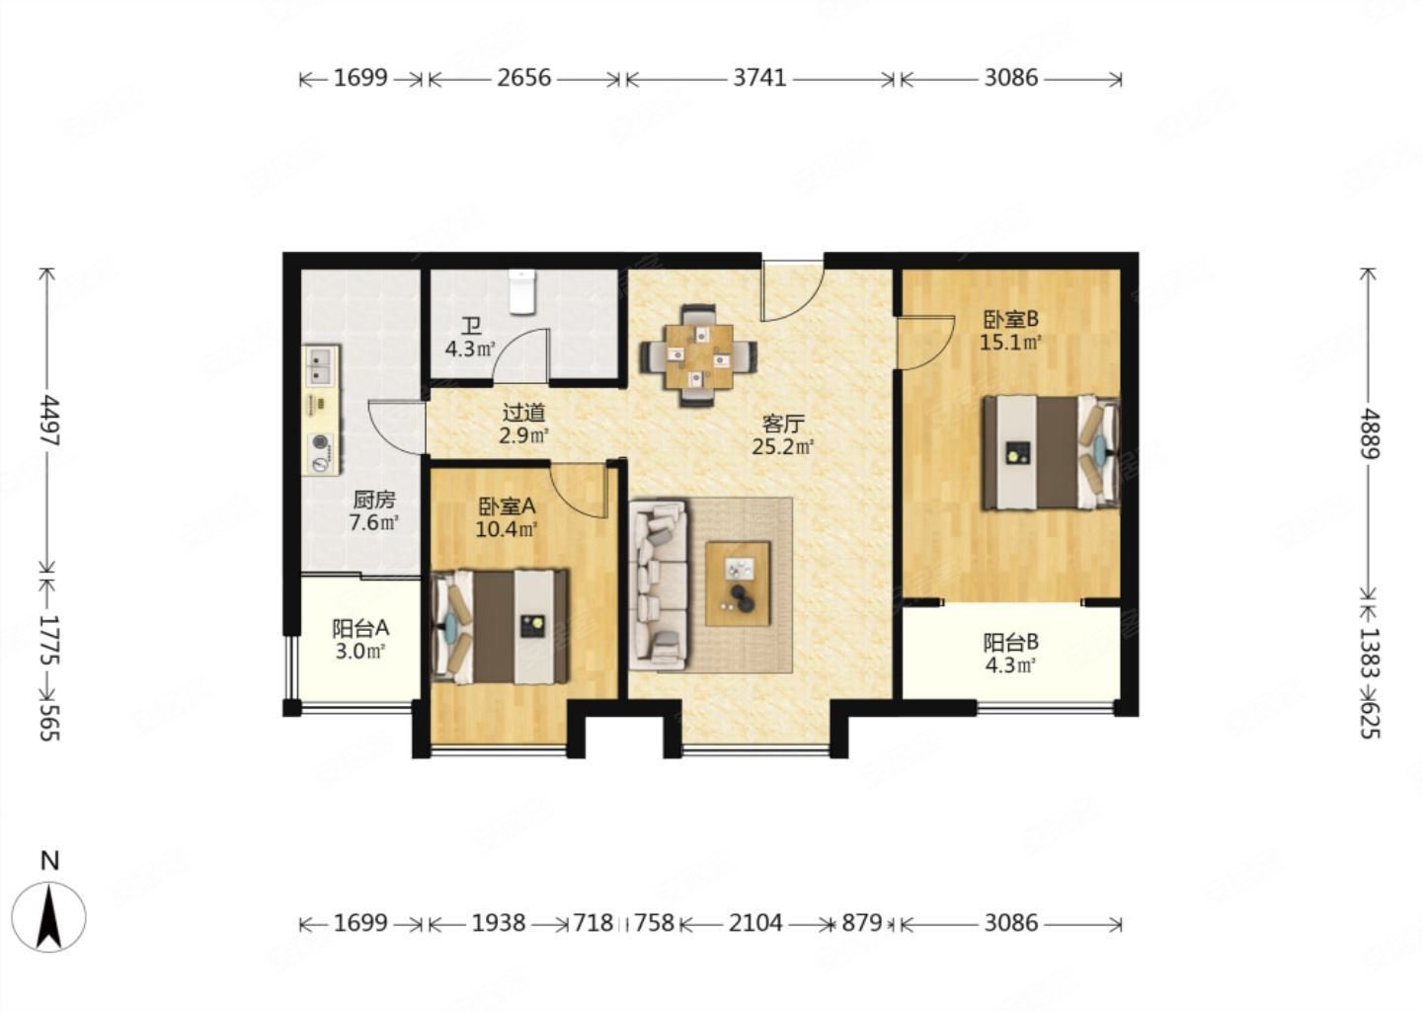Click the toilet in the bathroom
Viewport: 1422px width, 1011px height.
522,292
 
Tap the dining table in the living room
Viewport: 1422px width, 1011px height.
698,356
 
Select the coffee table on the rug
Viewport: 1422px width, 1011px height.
738,583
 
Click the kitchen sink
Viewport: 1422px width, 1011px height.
323,366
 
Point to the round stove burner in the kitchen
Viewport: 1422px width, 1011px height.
321,442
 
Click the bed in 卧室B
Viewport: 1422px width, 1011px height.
1051,452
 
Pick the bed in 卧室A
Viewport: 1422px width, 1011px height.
500,626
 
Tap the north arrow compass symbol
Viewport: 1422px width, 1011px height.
49,916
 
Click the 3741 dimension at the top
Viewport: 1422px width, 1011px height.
760,78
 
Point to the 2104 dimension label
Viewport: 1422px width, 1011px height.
754,923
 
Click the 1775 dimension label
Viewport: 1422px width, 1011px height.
49,639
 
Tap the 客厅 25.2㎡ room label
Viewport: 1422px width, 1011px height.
783,434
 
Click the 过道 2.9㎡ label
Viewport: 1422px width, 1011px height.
523,424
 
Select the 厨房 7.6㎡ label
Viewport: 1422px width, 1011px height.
374,511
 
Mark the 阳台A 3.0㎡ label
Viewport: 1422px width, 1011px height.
359,640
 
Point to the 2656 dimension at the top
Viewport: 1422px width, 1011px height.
523,78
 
